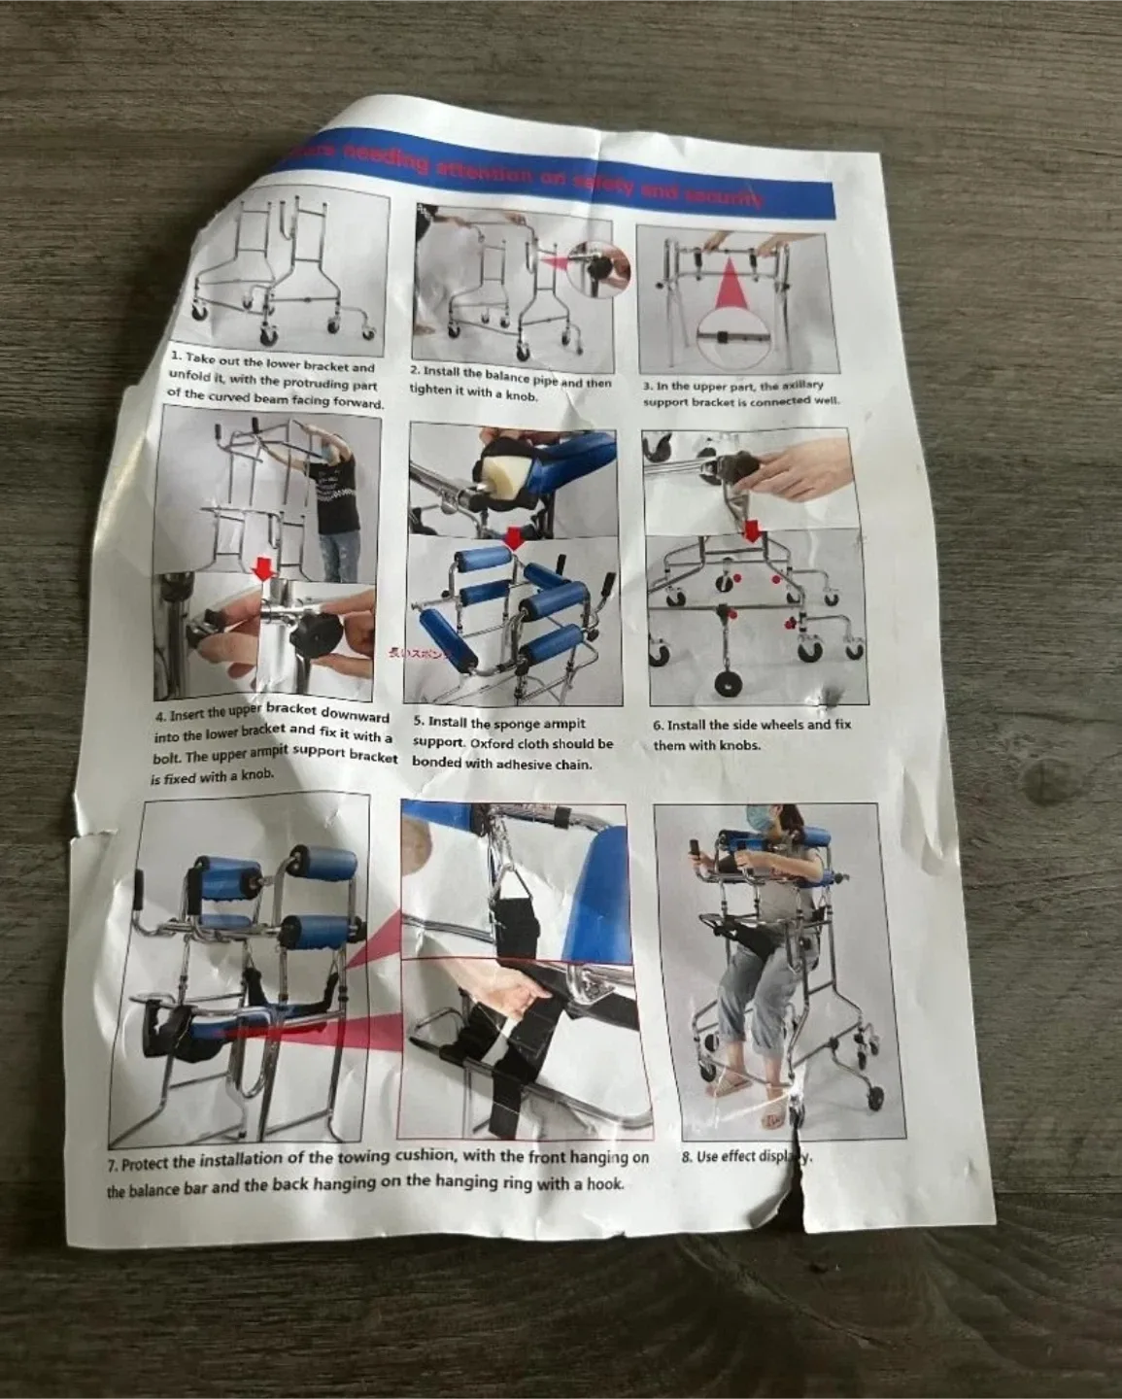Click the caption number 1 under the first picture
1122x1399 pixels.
click(173, 358)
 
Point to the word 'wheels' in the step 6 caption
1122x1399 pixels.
click(779, 726)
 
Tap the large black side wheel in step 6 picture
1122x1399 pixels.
click(725, 681)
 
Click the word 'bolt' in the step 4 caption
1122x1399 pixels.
click(167, 759)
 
